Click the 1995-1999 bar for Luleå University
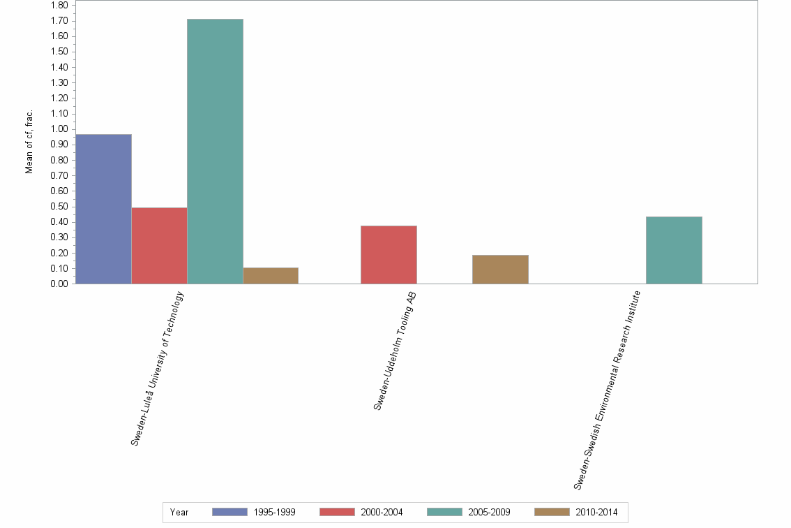point(103,209)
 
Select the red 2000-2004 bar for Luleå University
point(159,245)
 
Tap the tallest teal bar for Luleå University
point(215,151)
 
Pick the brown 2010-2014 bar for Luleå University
point(271,275)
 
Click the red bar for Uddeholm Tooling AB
point(389,254)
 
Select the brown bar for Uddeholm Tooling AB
point(500,269)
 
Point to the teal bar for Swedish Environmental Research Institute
point(674,250)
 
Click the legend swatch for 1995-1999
point(229,512)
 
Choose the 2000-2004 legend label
point(382,512)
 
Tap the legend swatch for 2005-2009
point(444,512)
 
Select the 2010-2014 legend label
point(596,512)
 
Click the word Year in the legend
point(179,512)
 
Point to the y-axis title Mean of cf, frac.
point(29,141)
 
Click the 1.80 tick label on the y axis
point(59,6)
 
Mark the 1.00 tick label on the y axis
point(59,129)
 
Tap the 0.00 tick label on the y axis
point(59,284)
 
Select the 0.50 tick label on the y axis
point(59,207)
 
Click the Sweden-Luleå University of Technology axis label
point(158,369)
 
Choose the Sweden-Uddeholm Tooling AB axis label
point(395,351)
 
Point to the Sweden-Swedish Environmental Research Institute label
point(606,390)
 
